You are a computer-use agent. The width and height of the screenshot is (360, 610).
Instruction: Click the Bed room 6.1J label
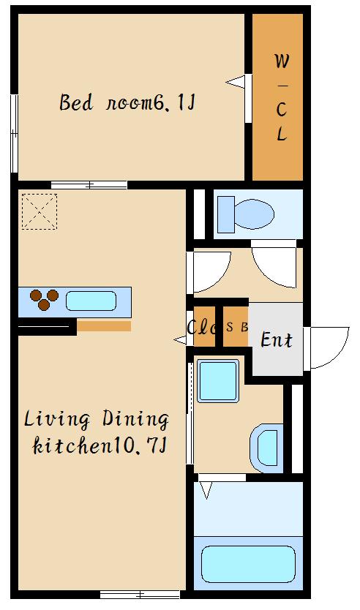tap(127, 102)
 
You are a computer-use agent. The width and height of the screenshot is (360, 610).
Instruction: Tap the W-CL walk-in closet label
tap(282, 97)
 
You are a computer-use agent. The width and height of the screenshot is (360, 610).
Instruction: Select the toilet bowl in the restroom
tap(254, 214)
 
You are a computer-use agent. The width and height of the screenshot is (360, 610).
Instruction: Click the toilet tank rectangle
tap(225, 214)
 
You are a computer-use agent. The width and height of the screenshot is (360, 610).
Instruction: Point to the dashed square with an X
tap(40, 211)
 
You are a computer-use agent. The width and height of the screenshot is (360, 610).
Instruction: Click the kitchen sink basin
tap(91, 301)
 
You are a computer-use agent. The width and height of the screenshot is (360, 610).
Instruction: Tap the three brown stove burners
tap(44, 300)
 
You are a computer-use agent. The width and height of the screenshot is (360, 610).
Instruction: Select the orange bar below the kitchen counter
tap(104, 326)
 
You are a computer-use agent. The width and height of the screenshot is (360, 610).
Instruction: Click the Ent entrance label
tap(277, 339)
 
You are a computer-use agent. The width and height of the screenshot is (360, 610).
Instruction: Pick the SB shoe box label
tap(237, 327)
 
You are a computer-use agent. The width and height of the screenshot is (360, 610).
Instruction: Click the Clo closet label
tap(201, 327)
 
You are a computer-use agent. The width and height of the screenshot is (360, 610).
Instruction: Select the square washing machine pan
tap(218, 380)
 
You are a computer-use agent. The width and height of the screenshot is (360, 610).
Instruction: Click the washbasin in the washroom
tap(266, 448)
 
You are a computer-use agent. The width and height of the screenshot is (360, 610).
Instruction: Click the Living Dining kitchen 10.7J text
tap(97, 432)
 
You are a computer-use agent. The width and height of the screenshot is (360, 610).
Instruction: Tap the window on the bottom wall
tap(140, 595)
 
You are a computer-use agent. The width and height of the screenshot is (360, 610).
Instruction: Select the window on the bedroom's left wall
tap(15, 133)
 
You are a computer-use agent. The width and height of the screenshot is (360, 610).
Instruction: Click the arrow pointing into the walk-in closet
tap(236, 82)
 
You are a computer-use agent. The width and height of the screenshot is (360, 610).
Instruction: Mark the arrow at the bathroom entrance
tap(206, 490)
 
